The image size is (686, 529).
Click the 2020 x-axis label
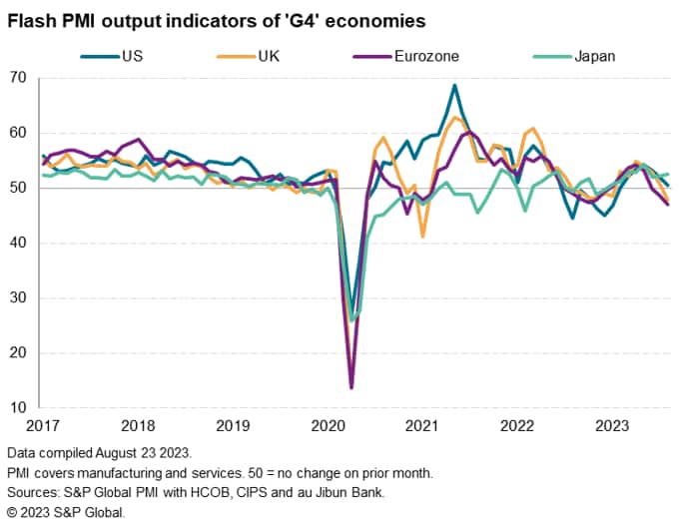329,425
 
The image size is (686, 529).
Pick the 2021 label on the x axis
423,425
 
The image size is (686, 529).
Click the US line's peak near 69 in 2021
454,86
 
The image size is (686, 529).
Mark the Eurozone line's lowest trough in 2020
351,387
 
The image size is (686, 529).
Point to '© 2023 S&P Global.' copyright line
65,512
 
